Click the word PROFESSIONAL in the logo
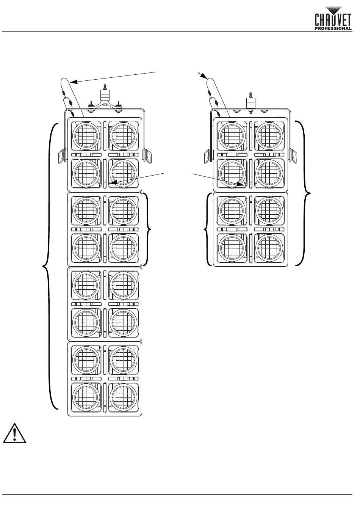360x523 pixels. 333,28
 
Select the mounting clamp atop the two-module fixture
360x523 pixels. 250,100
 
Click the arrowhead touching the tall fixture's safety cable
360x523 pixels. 74,81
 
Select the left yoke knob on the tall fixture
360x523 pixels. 61,156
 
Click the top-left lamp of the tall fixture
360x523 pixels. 86,136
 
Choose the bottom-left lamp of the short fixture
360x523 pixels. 231,248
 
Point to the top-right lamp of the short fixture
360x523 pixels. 269,136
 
